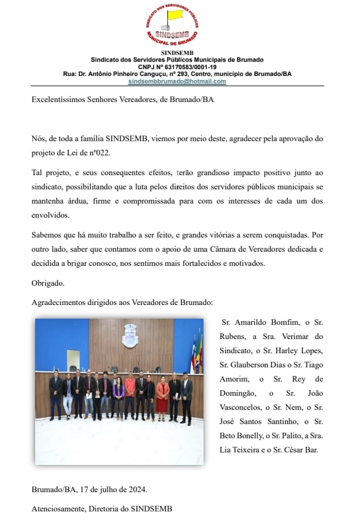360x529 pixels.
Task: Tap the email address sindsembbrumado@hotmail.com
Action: [177, 81]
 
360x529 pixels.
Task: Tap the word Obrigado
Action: [48, 282]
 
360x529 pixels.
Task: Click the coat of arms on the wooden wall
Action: [130, 336]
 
